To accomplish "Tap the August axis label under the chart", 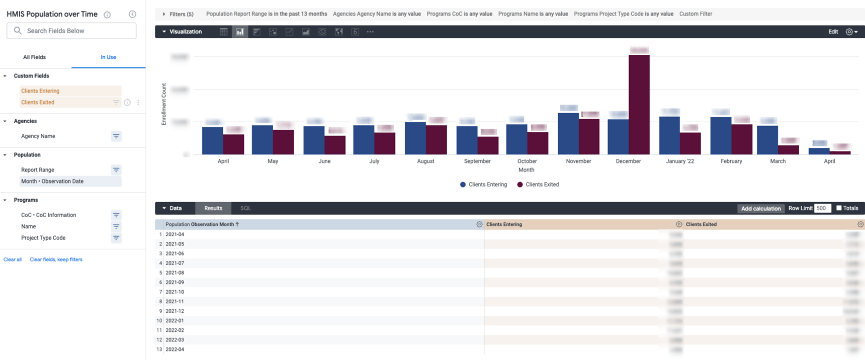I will click(x=425, y=161).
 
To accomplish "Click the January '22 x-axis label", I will click(x=680, y=161).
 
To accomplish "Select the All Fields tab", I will click(x=34, y=57).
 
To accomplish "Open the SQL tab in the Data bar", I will click(x=245, y=208).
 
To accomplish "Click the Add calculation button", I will click(x=760, y=209).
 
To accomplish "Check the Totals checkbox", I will click(x=838, y=208).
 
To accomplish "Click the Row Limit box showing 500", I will click(x=822, y=208).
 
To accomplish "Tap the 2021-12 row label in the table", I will click(x=175, y=311).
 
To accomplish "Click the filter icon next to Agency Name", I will click(x=116, y=136).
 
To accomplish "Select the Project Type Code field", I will click(x=43, y=238).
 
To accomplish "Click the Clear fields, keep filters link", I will click(x=56, y=259).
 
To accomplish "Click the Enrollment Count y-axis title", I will click(x=164, y=104).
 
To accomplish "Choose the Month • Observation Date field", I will click(x=52, y=182).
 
